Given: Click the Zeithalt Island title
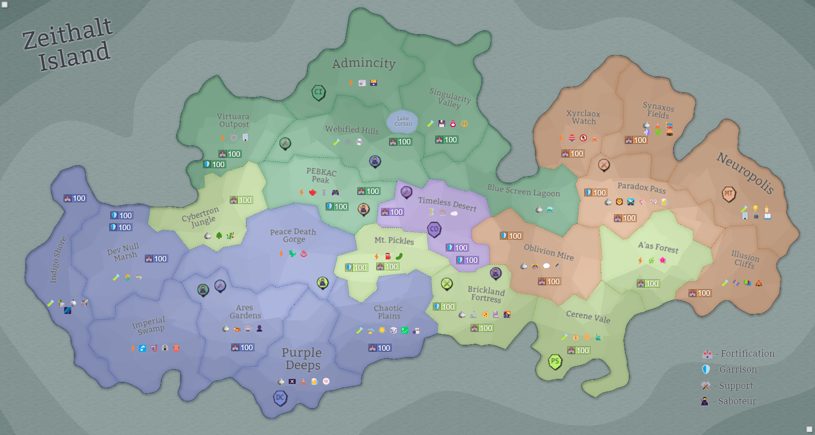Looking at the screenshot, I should pos(68,45).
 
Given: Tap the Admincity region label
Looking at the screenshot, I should pos(364,63).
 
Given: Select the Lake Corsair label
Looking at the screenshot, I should pos(403,121).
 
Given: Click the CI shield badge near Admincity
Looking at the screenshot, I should pos(318,92).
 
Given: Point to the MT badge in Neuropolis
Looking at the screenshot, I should pos(728,193).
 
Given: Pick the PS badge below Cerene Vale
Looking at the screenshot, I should pos(555,361).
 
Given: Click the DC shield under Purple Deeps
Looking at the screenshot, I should pos(280,397).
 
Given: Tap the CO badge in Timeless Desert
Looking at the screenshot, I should pos(434,229).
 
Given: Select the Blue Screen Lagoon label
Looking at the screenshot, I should pos(523,190).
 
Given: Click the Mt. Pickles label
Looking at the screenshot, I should pos(394,240).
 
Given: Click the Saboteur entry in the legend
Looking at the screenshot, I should pos(730,401).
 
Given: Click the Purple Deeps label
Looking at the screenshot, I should pos(302,359).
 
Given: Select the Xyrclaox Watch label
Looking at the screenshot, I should pos(583,118).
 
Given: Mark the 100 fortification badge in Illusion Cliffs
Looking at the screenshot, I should pos(700,293).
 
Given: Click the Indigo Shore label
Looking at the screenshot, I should pos(58,260).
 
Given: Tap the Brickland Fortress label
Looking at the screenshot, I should pos(486,294).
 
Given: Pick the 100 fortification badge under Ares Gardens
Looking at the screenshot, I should pos(242,348).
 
